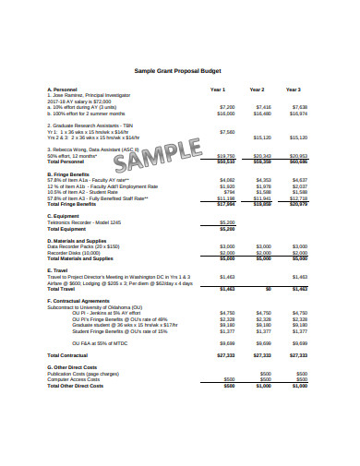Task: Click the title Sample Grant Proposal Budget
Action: (x=179, y=70)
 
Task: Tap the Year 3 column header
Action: (x=293, y=90)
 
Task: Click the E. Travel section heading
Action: (x=57, y=269)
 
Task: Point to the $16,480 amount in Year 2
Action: (x=262, y=113)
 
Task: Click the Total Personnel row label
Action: (x=67, y=162)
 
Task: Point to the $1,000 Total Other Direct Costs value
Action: (x=263, y=384)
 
